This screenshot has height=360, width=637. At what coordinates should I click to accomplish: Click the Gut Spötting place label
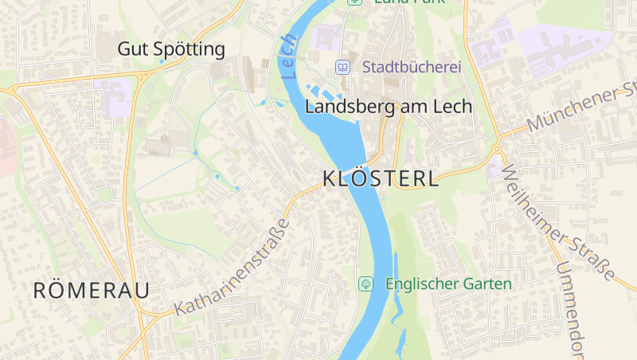pyautogui.click(x=171, y=49)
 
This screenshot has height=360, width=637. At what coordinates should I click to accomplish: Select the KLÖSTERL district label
pyautogui.click(x=381, y=179)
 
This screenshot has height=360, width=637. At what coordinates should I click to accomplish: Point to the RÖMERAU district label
pyautogui.click(x=91, y=291)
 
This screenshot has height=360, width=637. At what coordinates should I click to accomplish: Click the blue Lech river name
pyautogui.click(x=288, y=56)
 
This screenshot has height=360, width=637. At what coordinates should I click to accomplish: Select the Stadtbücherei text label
pyautogui.click(x=412, y=68)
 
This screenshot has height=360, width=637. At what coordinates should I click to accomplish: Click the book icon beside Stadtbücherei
pyautogui.click(x=342, y=68)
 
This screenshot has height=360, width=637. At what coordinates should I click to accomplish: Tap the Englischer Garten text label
pyautogui.click(x=447, y=284)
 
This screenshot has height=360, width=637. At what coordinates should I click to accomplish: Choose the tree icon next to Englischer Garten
pyautogui.click(x=365, y=284)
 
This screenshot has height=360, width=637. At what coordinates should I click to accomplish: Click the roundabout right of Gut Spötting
pyautogui.click(x=201, y=61)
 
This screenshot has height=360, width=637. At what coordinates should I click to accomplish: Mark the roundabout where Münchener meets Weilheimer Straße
pyautogui.click(x=496, y=148)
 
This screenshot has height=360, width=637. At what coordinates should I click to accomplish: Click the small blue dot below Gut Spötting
pyautogui.click(x=162, y=61)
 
